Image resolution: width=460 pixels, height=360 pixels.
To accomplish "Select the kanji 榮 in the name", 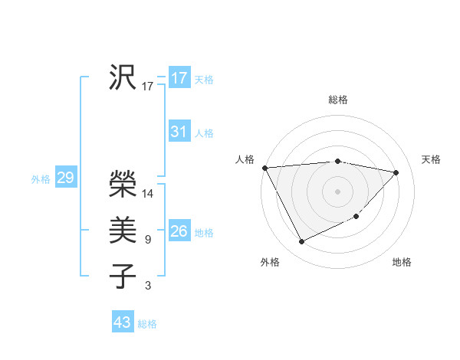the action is click(x=123, y=183).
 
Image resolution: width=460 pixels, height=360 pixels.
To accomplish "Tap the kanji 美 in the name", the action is click(x=123, y=231).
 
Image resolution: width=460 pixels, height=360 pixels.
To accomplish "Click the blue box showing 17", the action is click(x=179, y=78).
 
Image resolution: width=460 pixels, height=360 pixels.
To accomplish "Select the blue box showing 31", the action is click(x=179, y=132).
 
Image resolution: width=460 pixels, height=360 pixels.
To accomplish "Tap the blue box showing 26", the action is click(x=179, y=231).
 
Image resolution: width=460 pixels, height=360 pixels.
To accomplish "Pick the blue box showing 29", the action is click(x=65, y=178).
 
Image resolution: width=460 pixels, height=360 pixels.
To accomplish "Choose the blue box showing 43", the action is click(x=123, y=322).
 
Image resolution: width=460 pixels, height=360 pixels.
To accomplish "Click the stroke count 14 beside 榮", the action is click(x=148, y=194).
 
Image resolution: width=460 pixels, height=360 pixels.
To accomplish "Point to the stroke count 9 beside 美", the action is click(x=147, y=240).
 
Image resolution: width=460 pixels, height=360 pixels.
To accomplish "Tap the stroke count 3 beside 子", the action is click(x=147, y=286).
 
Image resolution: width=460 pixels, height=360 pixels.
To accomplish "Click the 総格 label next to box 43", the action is click(x=147, y=324).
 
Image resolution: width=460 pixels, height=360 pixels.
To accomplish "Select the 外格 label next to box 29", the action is click(x=41, y=179).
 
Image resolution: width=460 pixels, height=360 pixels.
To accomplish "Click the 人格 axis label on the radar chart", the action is click(x=245, y=159).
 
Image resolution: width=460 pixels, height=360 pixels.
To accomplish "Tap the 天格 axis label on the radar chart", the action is click(x=431, y=159).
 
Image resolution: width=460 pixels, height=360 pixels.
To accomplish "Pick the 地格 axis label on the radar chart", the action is click(x=402, y=262).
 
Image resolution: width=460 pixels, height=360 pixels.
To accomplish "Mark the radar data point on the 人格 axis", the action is click(x=264, y=168).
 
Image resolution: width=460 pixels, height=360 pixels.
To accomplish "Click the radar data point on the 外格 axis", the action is click(x=301, y=242).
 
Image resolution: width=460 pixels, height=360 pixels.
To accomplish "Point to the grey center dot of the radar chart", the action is click(x=337, y=191).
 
